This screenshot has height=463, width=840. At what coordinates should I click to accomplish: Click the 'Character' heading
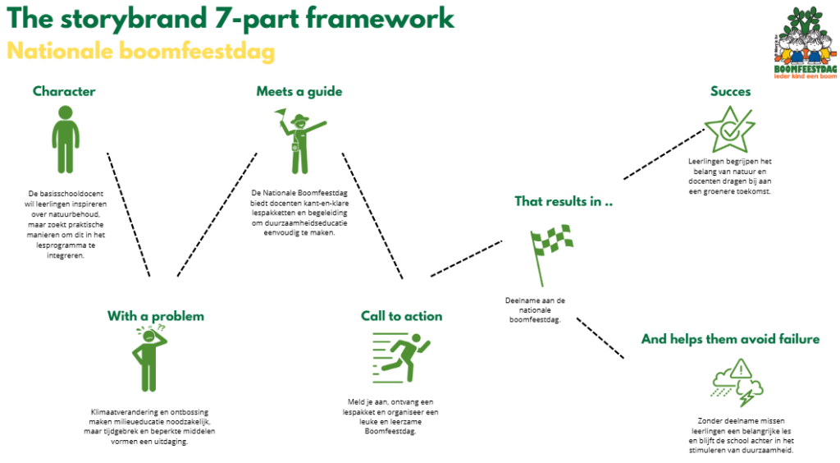64,91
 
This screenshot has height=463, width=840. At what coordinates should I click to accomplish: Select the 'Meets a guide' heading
299,91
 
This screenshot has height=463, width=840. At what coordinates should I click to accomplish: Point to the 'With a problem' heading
156,316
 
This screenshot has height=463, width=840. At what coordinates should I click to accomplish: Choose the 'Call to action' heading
401,316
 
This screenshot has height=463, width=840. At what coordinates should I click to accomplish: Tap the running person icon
403,358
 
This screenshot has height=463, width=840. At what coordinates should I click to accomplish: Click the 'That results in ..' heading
564,201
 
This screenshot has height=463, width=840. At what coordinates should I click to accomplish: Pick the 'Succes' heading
730,91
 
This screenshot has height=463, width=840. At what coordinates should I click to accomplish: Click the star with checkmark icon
729,130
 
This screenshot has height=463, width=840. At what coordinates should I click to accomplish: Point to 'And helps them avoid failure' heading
730,339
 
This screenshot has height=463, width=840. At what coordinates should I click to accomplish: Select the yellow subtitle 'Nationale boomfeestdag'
140,51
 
